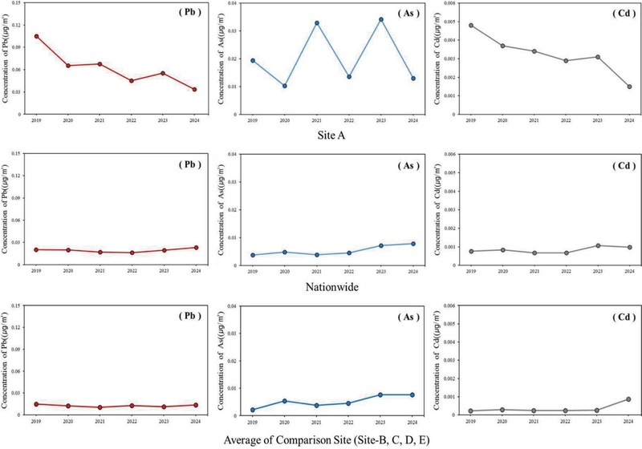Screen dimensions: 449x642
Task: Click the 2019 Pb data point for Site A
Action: pyautogui.click(x=36, y=36)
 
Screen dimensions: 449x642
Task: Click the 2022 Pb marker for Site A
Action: pyautogui.click(x=131, y=80)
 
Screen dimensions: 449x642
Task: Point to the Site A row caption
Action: pyautogui.click(x=331, y=136)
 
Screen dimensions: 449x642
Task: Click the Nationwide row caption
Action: pyautogui.click(x=331, y=284)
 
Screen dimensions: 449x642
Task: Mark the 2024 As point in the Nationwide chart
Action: pyautogui.click(x=412, y=244)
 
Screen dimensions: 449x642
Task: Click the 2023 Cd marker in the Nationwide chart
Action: pyautogui.click(x=597, y=245)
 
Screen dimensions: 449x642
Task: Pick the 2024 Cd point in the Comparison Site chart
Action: pyautogui.click(x=629, y=399)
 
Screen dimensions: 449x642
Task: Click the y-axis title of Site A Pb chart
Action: pyautogui.click(x=6, y=60)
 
